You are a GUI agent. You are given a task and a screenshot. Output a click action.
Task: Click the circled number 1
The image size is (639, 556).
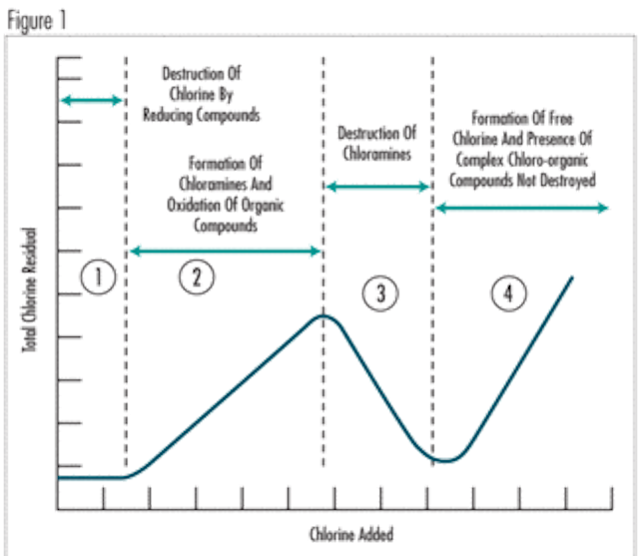(98, 277)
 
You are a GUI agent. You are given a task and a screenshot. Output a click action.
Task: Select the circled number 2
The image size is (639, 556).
(197, 277)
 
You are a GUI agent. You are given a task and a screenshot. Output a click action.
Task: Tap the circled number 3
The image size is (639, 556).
(380, 293)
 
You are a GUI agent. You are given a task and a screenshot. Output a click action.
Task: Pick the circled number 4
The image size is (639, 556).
(508, 293)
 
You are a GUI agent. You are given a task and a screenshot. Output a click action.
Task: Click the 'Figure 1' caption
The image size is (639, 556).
(37, 21)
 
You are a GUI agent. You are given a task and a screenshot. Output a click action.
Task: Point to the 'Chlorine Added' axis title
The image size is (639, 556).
(351, 534)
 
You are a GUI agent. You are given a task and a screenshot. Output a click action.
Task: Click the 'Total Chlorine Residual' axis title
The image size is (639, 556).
(29, 289)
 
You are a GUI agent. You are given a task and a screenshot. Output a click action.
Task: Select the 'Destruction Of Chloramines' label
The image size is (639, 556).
(377, 144)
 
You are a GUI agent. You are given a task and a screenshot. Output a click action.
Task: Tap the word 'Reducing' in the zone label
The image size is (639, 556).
(168, 115)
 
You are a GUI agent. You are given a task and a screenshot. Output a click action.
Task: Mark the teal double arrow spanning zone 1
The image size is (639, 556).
(92, 100)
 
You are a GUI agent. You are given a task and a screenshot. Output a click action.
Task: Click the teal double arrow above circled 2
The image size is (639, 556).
(226, 251)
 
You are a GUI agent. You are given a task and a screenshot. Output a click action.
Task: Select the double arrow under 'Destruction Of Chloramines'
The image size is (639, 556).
(378, 187)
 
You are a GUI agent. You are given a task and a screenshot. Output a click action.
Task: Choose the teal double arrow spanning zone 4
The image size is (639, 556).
(522, 208)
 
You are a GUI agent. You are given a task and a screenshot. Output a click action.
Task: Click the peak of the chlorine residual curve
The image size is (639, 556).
(323, 315)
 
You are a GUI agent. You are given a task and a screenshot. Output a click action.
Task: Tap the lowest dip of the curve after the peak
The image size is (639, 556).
(446, 461)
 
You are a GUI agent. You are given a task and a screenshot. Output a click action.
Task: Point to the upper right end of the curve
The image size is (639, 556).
(572, 278)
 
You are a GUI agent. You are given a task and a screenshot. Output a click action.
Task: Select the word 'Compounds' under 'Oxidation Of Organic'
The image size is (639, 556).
(226, 226)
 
